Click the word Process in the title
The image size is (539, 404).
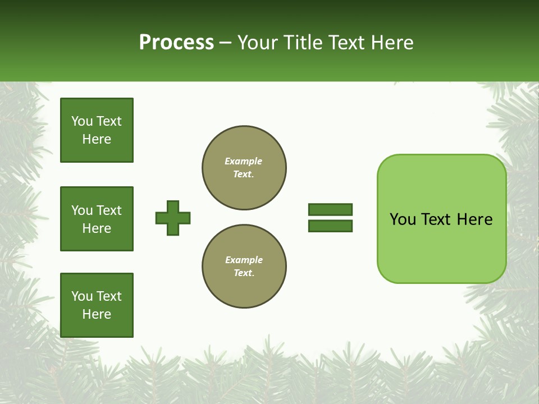176,43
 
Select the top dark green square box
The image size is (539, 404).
97,130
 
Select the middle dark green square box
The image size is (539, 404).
97,219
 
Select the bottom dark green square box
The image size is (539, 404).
97,305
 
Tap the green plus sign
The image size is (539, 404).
173,218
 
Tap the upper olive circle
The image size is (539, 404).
244,168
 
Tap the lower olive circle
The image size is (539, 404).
244,267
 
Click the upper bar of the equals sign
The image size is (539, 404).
330,209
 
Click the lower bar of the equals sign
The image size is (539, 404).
330,226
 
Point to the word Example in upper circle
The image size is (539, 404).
244,161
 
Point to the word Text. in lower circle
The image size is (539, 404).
244,273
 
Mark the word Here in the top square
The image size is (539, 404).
97,139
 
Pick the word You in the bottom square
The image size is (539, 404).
82,296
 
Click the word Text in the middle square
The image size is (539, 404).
109,210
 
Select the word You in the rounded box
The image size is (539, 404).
402,219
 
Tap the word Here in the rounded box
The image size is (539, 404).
474,219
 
